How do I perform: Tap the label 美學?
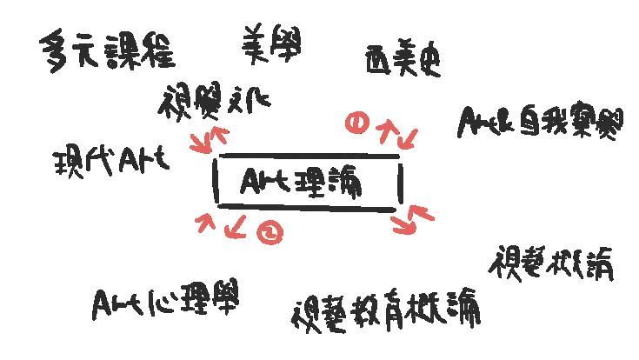272,43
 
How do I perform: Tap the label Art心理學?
165,301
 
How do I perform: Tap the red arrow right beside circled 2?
235,228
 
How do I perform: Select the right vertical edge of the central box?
401,183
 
